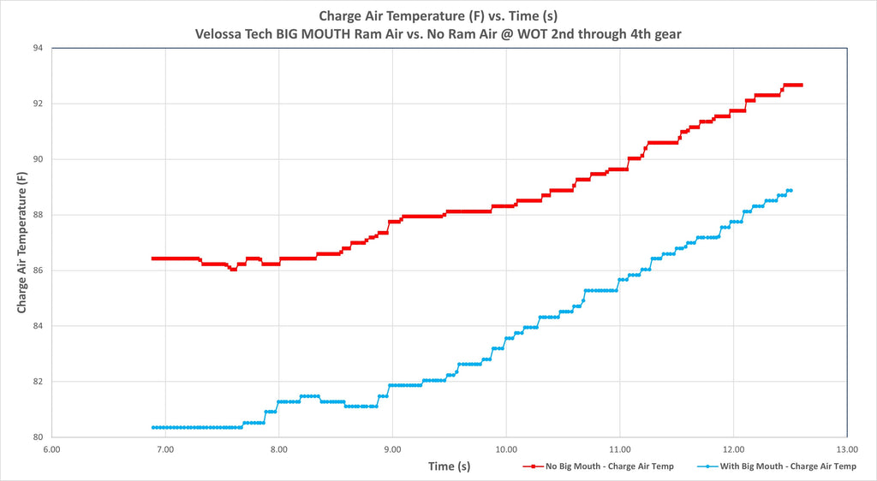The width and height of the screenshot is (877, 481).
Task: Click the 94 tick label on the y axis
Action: coord(38,48)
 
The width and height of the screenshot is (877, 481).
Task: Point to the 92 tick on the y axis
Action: coord(38,104)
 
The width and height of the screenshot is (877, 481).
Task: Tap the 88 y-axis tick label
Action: coord(38,215)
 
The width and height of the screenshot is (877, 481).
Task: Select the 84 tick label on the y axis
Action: coord(38,326)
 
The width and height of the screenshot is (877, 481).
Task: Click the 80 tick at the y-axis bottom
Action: coord(38,437)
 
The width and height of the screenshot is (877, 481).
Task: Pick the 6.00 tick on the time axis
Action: coord(51,449)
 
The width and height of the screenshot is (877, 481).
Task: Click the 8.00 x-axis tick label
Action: coord(278,449)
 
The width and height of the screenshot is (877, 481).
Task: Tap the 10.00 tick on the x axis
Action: coord(506,449)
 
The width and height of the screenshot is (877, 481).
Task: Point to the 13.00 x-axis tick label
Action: coord(847,449)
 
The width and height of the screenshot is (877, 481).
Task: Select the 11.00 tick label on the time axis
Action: coord(620,449)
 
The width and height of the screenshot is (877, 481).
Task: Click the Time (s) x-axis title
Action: coord(449,466)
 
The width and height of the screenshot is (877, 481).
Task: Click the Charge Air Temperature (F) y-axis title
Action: coord(21,242)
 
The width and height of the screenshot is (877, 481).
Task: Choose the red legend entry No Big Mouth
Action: coord(598,466)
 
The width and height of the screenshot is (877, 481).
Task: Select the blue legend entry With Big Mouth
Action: coord(777,466)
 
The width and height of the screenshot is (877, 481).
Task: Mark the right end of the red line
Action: coord(802,85)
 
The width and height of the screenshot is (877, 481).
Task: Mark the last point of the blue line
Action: coord(790,191)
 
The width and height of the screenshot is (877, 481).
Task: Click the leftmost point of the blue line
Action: coord(153,427)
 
